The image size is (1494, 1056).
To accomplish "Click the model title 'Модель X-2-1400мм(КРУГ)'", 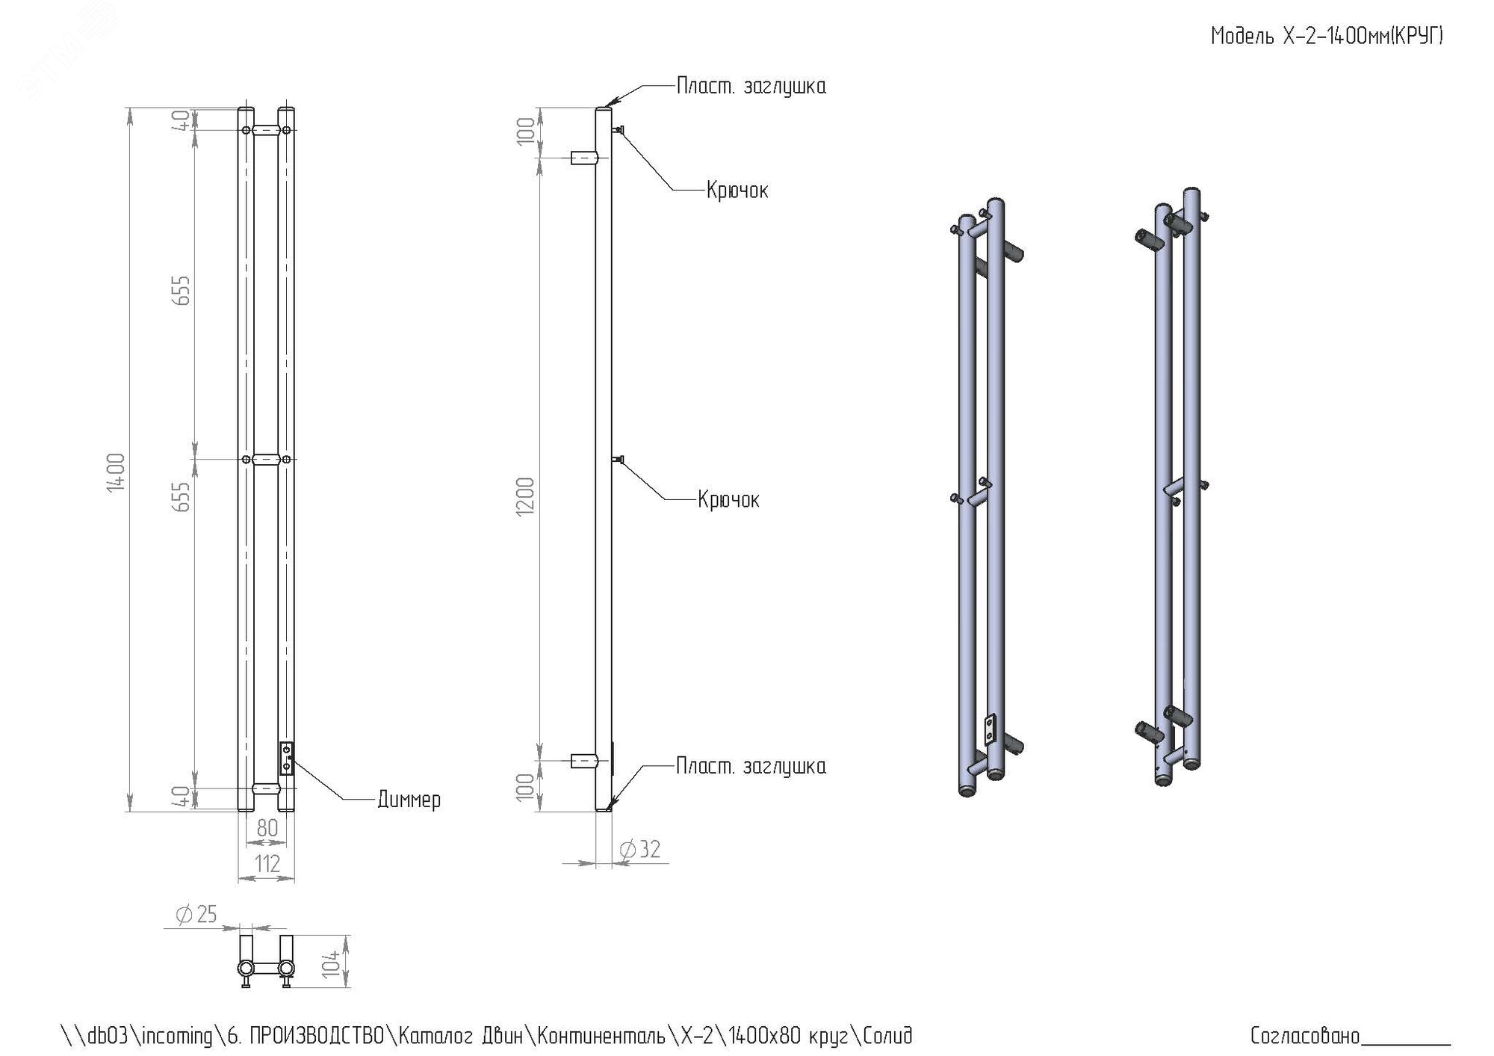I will coord(1326,36).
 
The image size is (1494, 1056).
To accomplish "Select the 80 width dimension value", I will coord(267,828).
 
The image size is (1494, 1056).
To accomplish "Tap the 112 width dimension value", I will coord(267,864).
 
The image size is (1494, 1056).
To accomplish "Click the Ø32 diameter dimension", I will coord(641,850).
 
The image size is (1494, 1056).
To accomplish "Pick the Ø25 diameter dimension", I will coord(196,914).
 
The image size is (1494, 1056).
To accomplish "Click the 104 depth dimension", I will coord(332,963).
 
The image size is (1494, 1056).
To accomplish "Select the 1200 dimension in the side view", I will coord(526,495).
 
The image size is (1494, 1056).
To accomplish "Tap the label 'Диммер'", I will coord(409,800).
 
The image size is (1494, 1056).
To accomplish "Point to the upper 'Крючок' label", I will coord(737,191).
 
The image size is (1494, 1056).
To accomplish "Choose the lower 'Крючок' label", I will coord(728,500).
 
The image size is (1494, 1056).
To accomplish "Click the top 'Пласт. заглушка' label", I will coord(751,87).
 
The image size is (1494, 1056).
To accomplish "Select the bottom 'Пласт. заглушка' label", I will coord(751,767).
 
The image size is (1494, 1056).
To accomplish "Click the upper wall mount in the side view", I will coord(583,158).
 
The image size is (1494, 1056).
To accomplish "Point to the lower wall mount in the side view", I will coord(583,762).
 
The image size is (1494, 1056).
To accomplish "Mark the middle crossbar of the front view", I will coord(267,459).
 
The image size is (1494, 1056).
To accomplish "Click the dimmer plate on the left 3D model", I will coord(990,730).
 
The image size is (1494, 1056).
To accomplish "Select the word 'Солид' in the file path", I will coord(887,1036).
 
